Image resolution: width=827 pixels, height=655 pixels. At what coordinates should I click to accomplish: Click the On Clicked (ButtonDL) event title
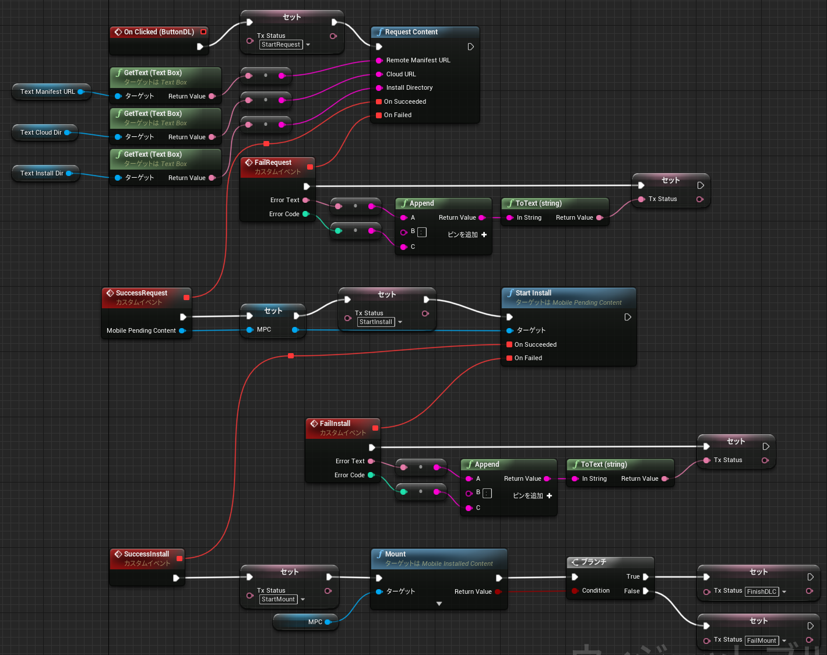159,32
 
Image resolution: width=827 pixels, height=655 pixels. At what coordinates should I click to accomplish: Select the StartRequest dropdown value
281,45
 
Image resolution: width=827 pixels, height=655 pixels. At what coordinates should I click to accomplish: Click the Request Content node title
411,32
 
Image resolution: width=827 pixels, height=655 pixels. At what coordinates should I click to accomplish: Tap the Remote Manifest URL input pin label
418,61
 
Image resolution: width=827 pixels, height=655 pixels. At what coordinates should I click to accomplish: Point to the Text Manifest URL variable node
48,91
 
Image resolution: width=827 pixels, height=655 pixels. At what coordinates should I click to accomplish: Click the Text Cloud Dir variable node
41,132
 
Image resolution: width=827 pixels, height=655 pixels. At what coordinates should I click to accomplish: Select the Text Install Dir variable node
42,173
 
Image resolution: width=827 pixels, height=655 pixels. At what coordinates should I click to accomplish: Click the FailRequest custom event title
273,163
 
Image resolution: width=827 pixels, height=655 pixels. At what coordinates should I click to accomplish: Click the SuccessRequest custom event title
142,293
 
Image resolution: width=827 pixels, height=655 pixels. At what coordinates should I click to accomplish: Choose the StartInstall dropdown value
376,322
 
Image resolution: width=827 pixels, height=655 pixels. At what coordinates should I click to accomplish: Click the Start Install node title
533,293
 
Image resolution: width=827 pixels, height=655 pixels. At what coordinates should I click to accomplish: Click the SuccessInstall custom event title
146,554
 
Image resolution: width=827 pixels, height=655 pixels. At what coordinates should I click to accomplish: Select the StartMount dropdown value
278,600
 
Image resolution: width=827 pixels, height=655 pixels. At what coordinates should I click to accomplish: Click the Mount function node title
395,554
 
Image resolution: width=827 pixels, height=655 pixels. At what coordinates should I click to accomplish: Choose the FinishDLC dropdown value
762,591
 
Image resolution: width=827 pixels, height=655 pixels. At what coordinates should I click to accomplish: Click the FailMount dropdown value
762,640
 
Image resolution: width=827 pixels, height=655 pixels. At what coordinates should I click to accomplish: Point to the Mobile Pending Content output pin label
141,330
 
